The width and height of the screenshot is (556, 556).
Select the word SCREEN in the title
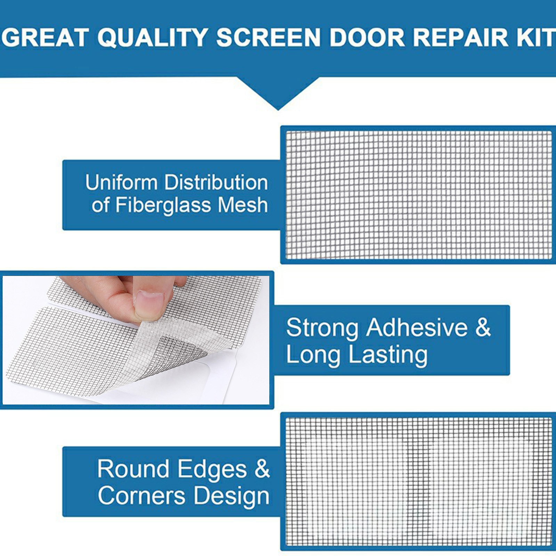(x=268, y=37)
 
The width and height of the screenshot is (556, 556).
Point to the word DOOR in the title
(x=367, y=37)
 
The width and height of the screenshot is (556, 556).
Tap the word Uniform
(x=121, y=182)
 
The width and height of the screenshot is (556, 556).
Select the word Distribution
(x=216, y=182)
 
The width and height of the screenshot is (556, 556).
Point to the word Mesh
(x=243, y=205)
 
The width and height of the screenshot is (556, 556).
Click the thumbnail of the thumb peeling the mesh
(x=136, y=340)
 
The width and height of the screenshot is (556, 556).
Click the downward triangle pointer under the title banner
(x=278, y=93)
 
